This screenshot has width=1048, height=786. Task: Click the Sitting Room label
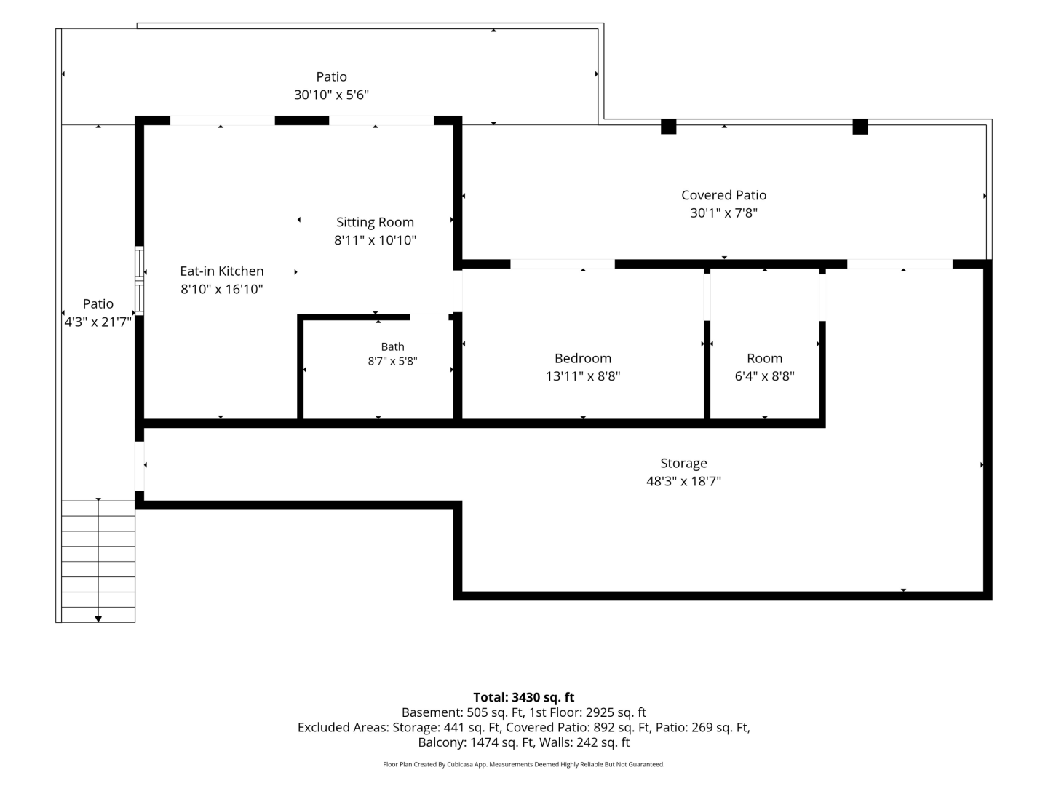375,222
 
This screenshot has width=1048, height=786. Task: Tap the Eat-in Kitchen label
221,271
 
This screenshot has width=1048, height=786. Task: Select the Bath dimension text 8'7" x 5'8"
392,361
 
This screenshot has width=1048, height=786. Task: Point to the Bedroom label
582,358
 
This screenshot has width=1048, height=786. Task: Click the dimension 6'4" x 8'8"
764,376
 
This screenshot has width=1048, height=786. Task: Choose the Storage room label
683,463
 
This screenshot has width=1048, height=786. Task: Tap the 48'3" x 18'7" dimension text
683,481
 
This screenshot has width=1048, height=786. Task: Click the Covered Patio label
724,195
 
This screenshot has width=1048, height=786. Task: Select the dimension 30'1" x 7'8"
724,213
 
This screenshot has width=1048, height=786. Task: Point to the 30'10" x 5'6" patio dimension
331,95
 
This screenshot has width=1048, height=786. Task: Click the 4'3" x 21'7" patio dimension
98,322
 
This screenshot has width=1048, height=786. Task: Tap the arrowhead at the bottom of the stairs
98,619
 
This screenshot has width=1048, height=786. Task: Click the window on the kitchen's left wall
140,281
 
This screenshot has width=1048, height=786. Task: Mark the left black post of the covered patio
668,127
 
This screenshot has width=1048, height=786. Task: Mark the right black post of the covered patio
860,127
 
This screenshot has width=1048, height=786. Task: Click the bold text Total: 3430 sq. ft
523,697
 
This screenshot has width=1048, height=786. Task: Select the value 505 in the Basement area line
477,712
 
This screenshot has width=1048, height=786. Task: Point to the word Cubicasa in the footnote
460,764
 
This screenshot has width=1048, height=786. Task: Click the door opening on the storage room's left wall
140,467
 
